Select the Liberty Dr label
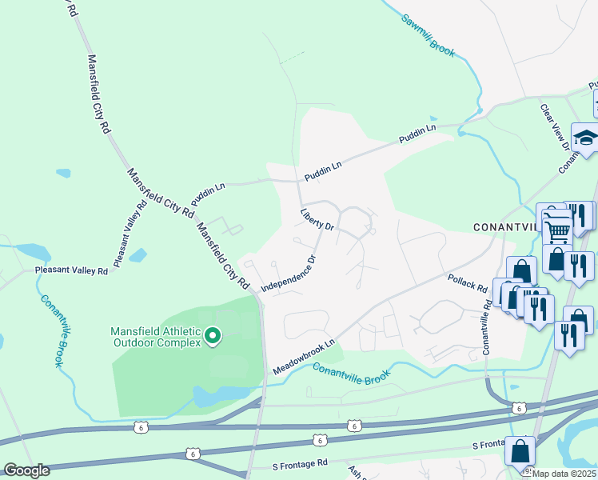coord(317,221)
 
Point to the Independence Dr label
coord(289,273)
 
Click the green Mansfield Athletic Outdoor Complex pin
coord(213,337)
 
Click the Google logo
coord(26,470)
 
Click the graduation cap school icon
coord(586,138)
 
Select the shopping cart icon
coord(556,232)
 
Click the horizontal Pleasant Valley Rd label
coord(70,271)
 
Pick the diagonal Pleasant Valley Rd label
coord(130,233)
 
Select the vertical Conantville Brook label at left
coord(49,329)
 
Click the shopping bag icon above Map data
coord(520,452)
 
